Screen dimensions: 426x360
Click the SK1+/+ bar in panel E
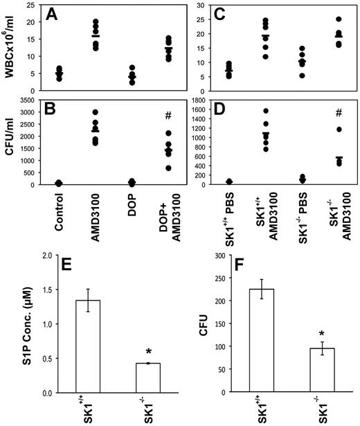(x=91, y=346)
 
